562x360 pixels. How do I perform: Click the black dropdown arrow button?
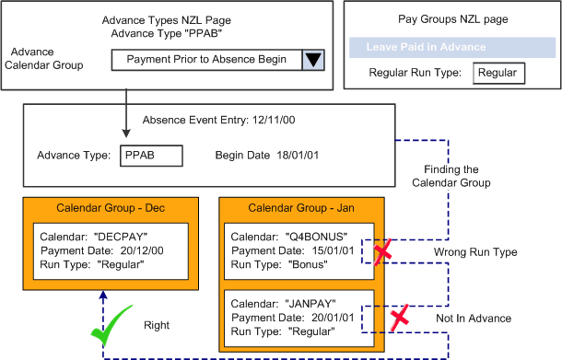314,60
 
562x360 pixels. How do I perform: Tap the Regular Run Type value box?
498,74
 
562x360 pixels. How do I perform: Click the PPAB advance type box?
151,155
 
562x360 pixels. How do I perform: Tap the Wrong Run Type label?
461,250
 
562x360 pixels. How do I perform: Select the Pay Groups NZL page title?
450,17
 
